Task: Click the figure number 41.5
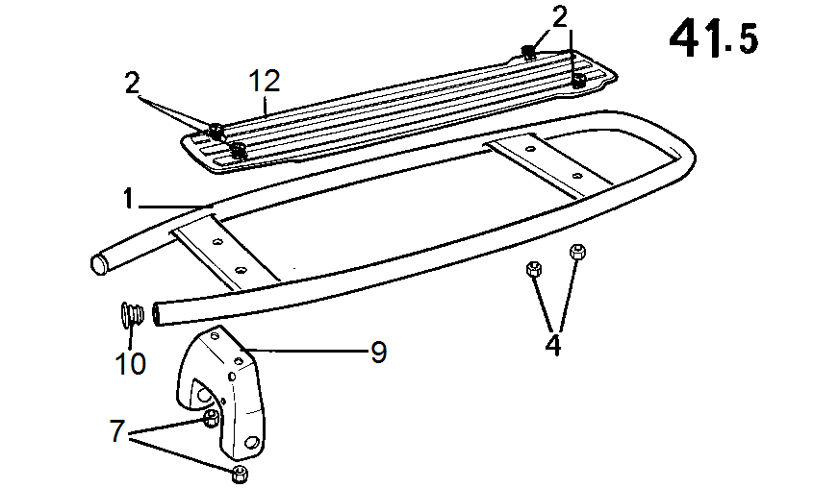coord(714,38)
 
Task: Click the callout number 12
coord(265,81)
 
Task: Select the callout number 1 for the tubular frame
coord(128,198)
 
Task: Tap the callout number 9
coord(378,353)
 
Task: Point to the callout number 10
coord(130,364)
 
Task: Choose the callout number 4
coord(552,345)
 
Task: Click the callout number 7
coord(116,430)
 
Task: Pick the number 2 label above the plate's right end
coord(559,18)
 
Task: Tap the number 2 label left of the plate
coord(132,84)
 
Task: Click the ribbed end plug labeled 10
coord(132,314)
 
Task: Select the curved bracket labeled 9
coord(222,393)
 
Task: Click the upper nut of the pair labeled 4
coord(577,252)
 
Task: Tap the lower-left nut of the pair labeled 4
coord(534,269)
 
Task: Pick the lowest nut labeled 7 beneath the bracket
coord(240,473)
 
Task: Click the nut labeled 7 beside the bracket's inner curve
coord(211,418)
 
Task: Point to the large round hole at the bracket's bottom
coord(252,443)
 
